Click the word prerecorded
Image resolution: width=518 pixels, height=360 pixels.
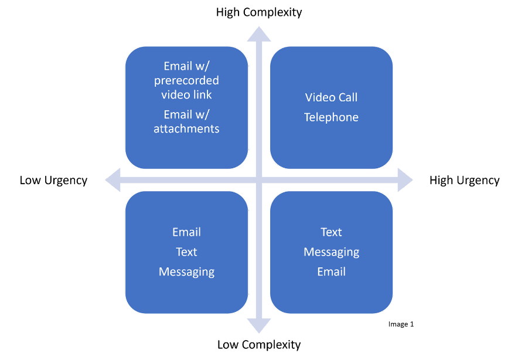[x=186, y=80]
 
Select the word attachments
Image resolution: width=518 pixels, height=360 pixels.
[x=186, y=128]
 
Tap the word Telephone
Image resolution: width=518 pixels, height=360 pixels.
[x=331, y=117]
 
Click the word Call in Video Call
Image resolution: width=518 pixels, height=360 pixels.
[x=346, y=97]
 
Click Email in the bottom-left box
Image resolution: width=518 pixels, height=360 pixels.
[x=186, y=232]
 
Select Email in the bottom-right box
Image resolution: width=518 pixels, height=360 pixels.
[x=331, y=272]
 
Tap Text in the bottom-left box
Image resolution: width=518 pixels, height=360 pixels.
[x=186, y=252]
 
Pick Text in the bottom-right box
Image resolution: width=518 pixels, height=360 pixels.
[x=331, y=232]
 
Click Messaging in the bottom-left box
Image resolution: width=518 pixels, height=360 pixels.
[x=186, y=272]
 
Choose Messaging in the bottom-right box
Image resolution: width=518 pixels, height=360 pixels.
[x=331, y=252]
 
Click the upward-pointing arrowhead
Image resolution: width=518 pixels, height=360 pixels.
[x=259, y=33]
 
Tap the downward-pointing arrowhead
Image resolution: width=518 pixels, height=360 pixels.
[x=259, y=326]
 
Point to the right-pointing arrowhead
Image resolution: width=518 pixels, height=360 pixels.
[x=405, y=179]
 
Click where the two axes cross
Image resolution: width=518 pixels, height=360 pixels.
[x=259, y=179]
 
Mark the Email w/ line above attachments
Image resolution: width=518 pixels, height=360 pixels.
[x=186, y=114]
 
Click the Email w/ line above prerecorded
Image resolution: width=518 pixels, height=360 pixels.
[x=186, y=66]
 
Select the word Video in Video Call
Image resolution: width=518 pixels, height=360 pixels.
[x=319, y=97]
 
